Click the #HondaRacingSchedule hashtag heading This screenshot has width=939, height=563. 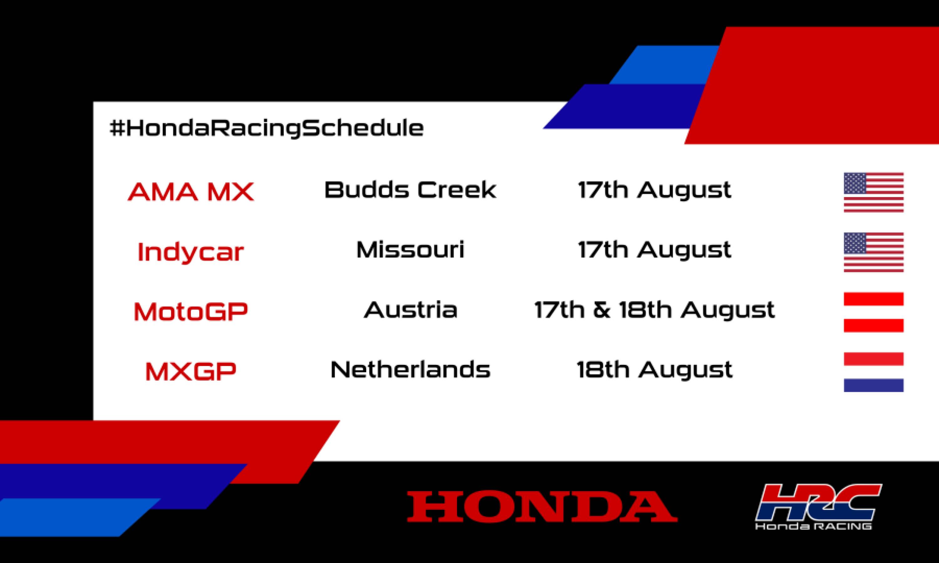tap(266, 128)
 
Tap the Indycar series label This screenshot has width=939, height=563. tap(191, 252)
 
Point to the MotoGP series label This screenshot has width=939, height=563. tap(191, 312)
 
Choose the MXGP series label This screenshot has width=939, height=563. tap(191, 371)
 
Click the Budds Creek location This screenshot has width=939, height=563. tap(410, 190)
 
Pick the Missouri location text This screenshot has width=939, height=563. tap(410, 250)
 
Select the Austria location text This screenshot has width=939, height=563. tap(410, 310)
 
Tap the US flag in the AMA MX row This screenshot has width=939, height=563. tap(873, 192)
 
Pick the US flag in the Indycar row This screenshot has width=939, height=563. tap(873, 252)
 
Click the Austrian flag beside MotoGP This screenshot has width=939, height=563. tap(873, 312)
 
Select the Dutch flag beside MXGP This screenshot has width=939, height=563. tap(873, 372)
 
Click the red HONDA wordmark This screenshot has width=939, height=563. tap(542, 506)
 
